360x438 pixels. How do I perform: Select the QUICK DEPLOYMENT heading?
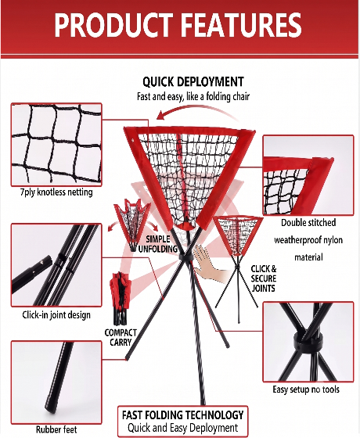click(193, 82)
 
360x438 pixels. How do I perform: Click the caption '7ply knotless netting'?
click(56, 192)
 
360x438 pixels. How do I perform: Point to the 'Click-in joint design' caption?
click(56, 314)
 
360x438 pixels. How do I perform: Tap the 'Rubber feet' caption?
click(56, 429)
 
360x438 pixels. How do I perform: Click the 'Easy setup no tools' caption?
click(306, 390)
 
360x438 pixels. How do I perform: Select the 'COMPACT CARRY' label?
click(121, 337)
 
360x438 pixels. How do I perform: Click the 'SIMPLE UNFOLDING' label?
click(158, 243)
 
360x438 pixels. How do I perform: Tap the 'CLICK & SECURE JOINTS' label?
click(264, 278)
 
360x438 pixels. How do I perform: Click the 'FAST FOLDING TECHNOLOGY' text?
click(183, 415)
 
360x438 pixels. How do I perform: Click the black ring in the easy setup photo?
click(308, 343)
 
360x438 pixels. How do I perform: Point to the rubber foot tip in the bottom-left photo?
click(51, 410)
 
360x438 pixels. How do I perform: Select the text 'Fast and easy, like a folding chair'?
click(193, 97)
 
